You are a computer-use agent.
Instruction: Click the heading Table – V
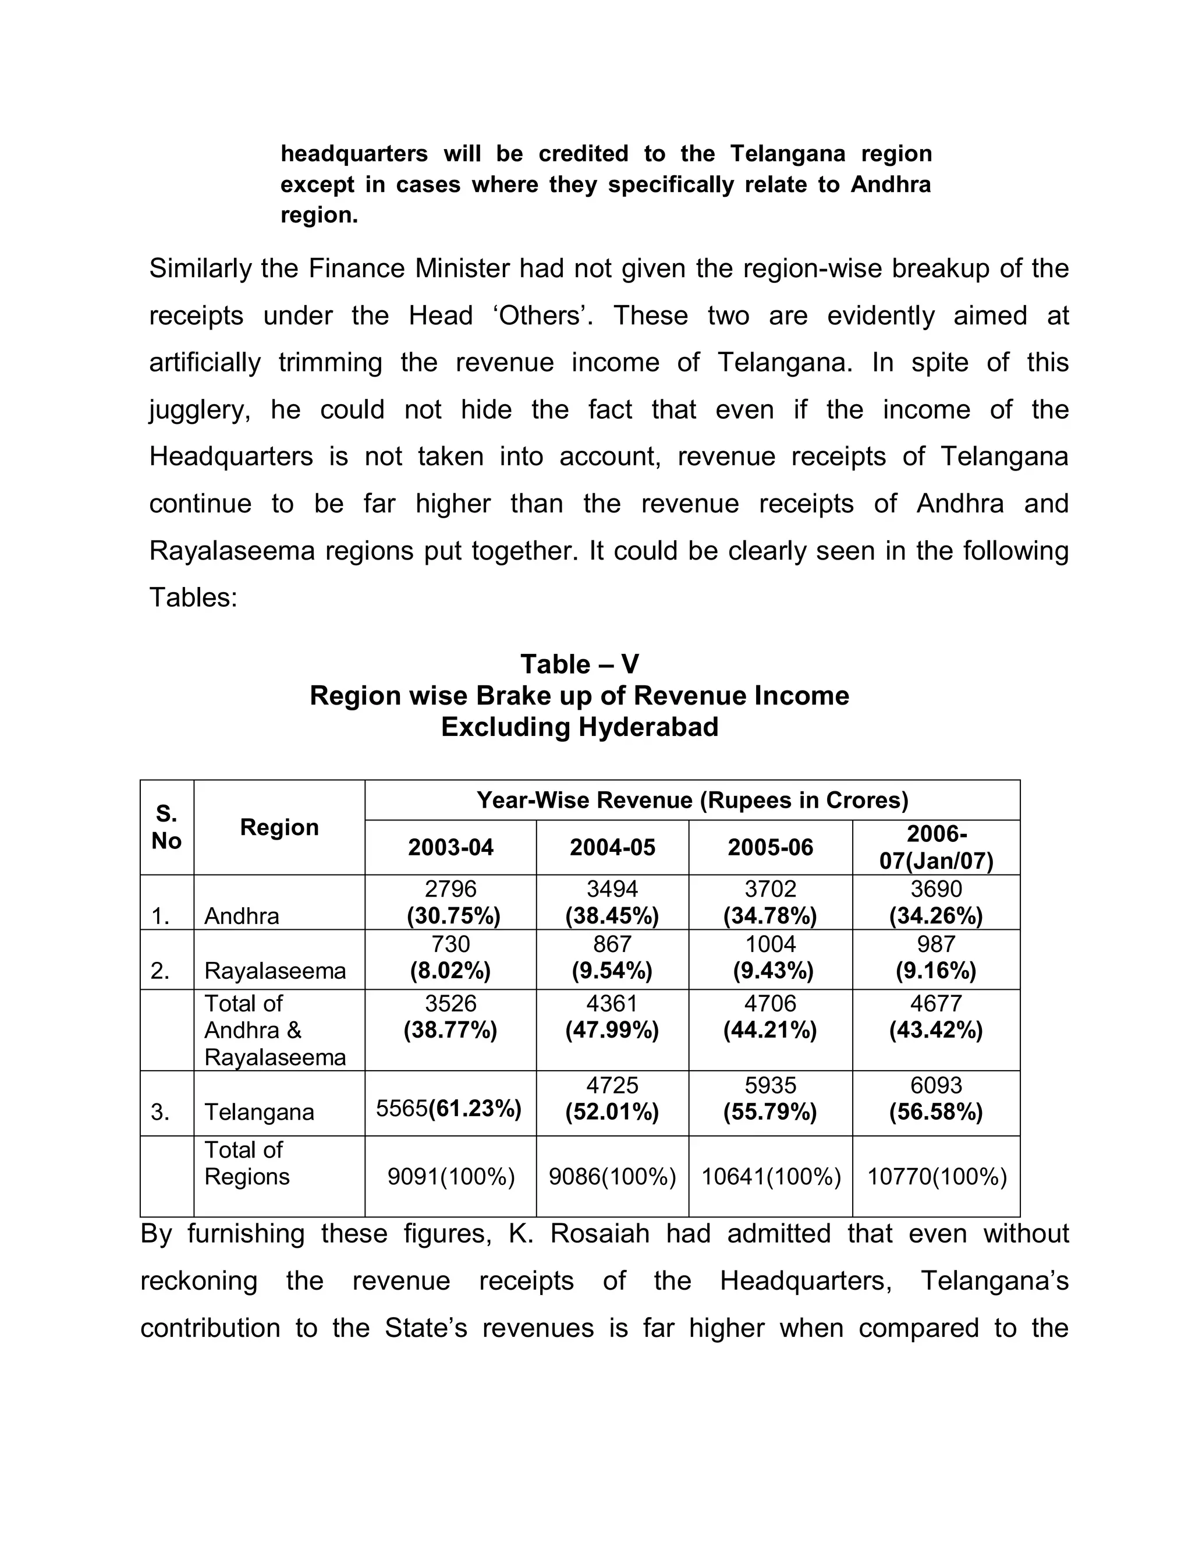[x=579, y=664]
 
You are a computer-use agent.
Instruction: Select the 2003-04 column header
[x=450, y=847]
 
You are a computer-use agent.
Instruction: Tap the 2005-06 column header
[x=771, y=847]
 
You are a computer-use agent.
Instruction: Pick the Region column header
[x=279, y=827]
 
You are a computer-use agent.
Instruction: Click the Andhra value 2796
[x=450, y=889]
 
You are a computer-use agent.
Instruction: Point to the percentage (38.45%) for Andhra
[x=612, y=916]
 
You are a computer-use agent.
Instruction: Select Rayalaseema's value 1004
[x=771, y=944]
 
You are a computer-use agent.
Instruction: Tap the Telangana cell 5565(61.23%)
[x=449, y=1109]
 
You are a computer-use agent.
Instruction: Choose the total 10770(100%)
[x=936, y=1176]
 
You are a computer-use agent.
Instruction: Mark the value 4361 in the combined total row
[x=612, y=1003]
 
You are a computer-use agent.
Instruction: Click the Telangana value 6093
[x=936, y=1085]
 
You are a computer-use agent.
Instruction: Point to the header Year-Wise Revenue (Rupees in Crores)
[x=692, y=800]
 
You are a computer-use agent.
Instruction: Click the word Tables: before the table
[x=193, y=598]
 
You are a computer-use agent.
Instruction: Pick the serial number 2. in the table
[x=160, y=971]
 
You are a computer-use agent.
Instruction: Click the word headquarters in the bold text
[x=354, y=153]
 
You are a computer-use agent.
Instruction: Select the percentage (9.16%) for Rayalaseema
[x=936, y=971]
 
